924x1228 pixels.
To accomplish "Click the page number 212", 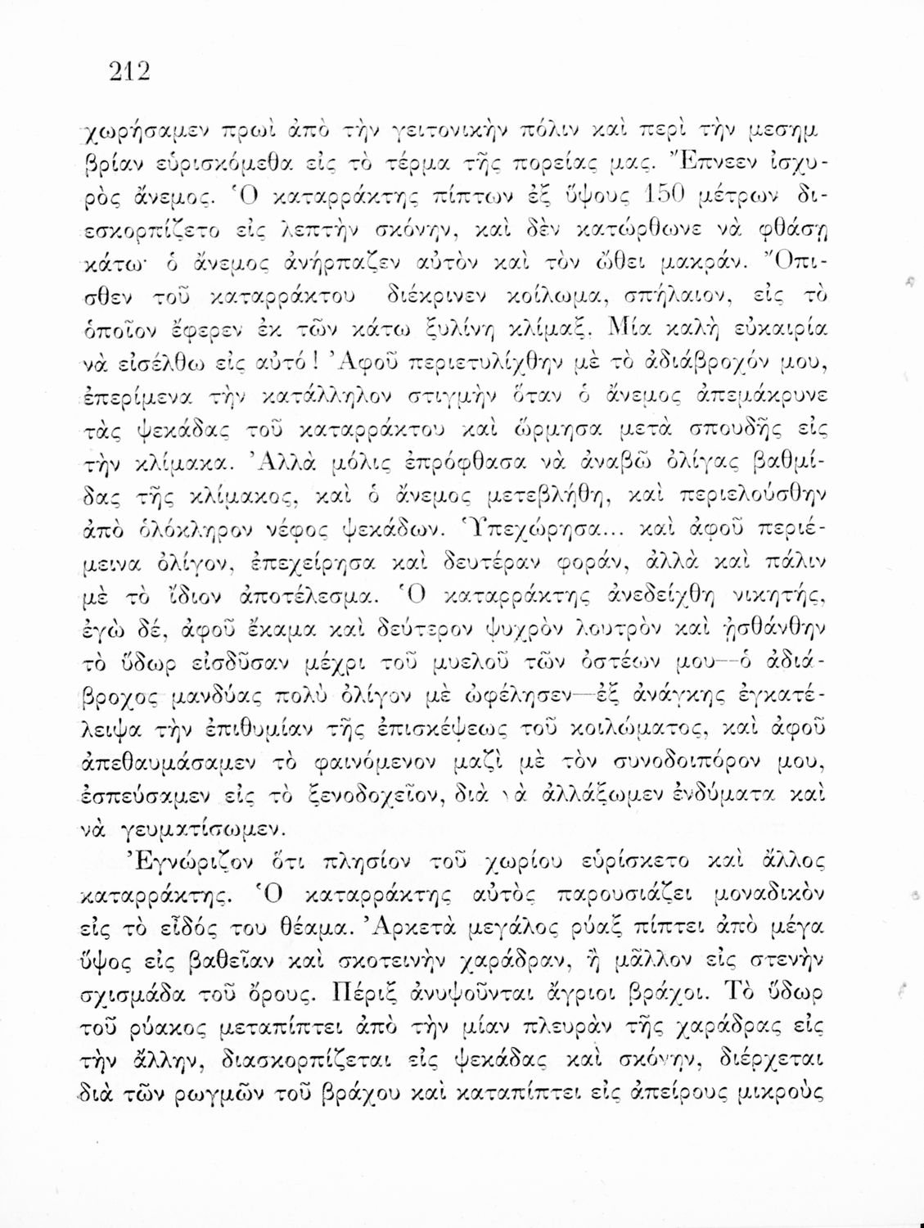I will (x=130, y=72).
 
